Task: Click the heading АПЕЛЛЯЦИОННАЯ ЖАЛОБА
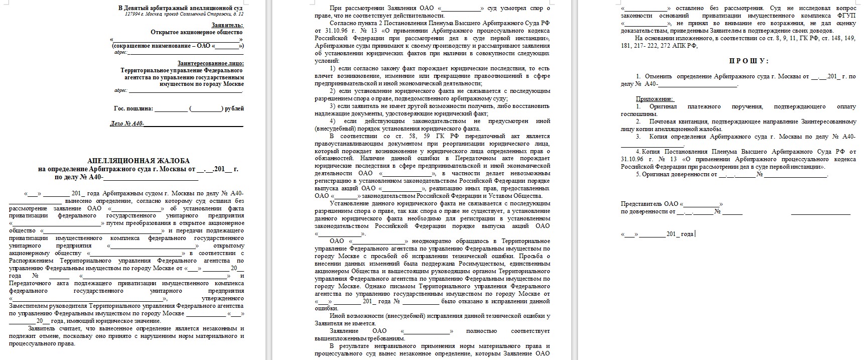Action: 139,161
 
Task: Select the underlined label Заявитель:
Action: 227,25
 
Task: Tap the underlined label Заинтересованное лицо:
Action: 210,63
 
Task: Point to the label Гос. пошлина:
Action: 133,108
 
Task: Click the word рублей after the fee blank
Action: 234,108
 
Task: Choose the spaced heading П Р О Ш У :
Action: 749,61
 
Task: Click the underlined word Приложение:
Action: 655,99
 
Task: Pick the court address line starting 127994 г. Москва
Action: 184,14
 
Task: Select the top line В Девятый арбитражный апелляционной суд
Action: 181,8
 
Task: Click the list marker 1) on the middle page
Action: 333,68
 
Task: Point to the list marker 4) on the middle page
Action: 333,121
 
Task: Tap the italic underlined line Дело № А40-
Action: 128,124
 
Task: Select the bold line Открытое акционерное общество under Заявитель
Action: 197,32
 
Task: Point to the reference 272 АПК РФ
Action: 679,46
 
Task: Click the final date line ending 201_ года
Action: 657,234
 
